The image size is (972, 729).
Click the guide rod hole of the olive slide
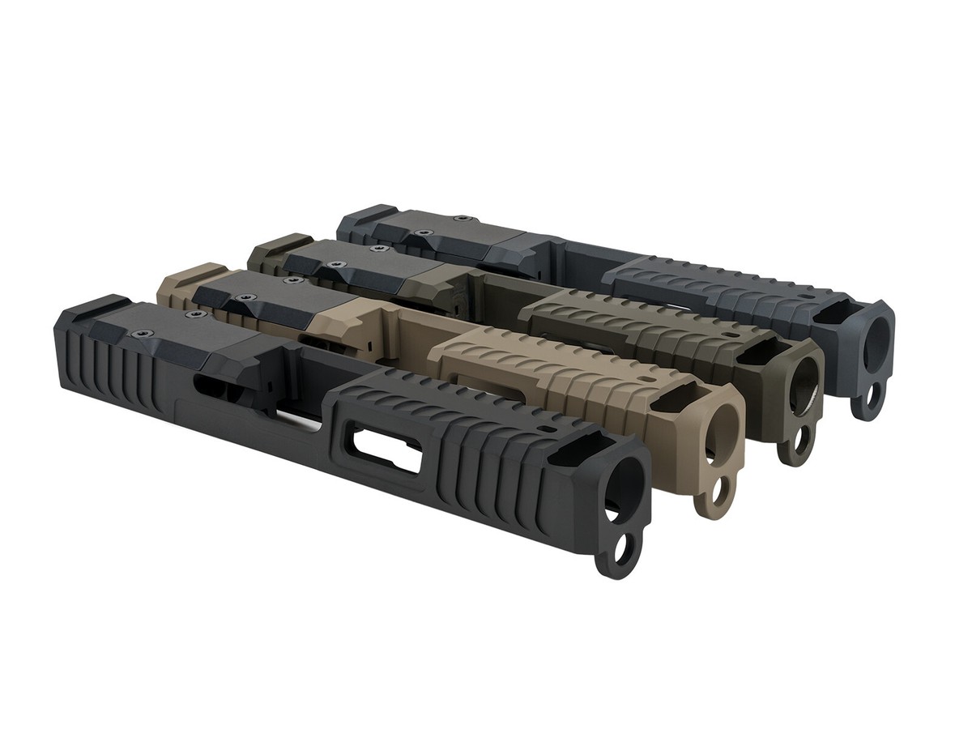tap(799, 441)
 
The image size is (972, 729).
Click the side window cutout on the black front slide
tap(386, 447)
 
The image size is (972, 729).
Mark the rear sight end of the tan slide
tap(182, 277)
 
